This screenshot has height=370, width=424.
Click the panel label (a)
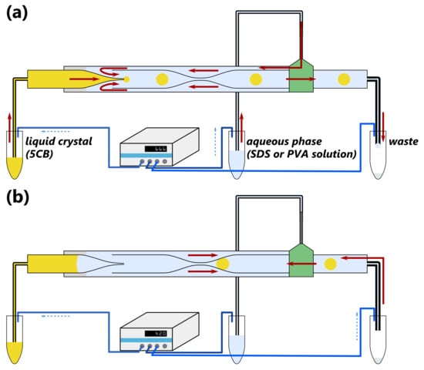(x=17, y=12)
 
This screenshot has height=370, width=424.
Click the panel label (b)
(x=18, y=197)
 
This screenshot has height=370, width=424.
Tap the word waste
(x=403, y=142)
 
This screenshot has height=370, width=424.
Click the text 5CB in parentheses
(x=39, y=154)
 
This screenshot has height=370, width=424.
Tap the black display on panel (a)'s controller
(x=156, y=149)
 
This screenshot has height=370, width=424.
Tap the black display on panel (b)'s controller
(x=156, y=334)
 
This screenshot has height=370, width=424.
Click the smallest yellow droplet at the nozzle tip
(x=126, y=79)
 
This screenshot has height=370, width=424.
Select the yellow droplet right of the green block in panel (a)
(x=344, y=79)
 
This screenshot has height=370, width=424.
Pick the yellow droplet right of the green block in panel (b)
(x=330, y=264)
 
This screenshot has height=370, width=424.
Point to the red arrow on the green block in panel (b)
(x=301, y=264)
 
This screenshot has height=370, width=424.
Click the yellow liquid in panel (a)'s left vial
(x=15, y=167)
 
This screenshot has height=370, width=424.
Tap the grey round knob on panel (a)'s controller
(x=165, y=161)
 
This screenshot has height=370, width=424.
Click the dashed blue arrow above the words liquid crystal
(x=56, y=132)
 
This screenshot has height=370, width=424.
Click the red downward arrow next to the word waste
(x=383, y=127)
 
